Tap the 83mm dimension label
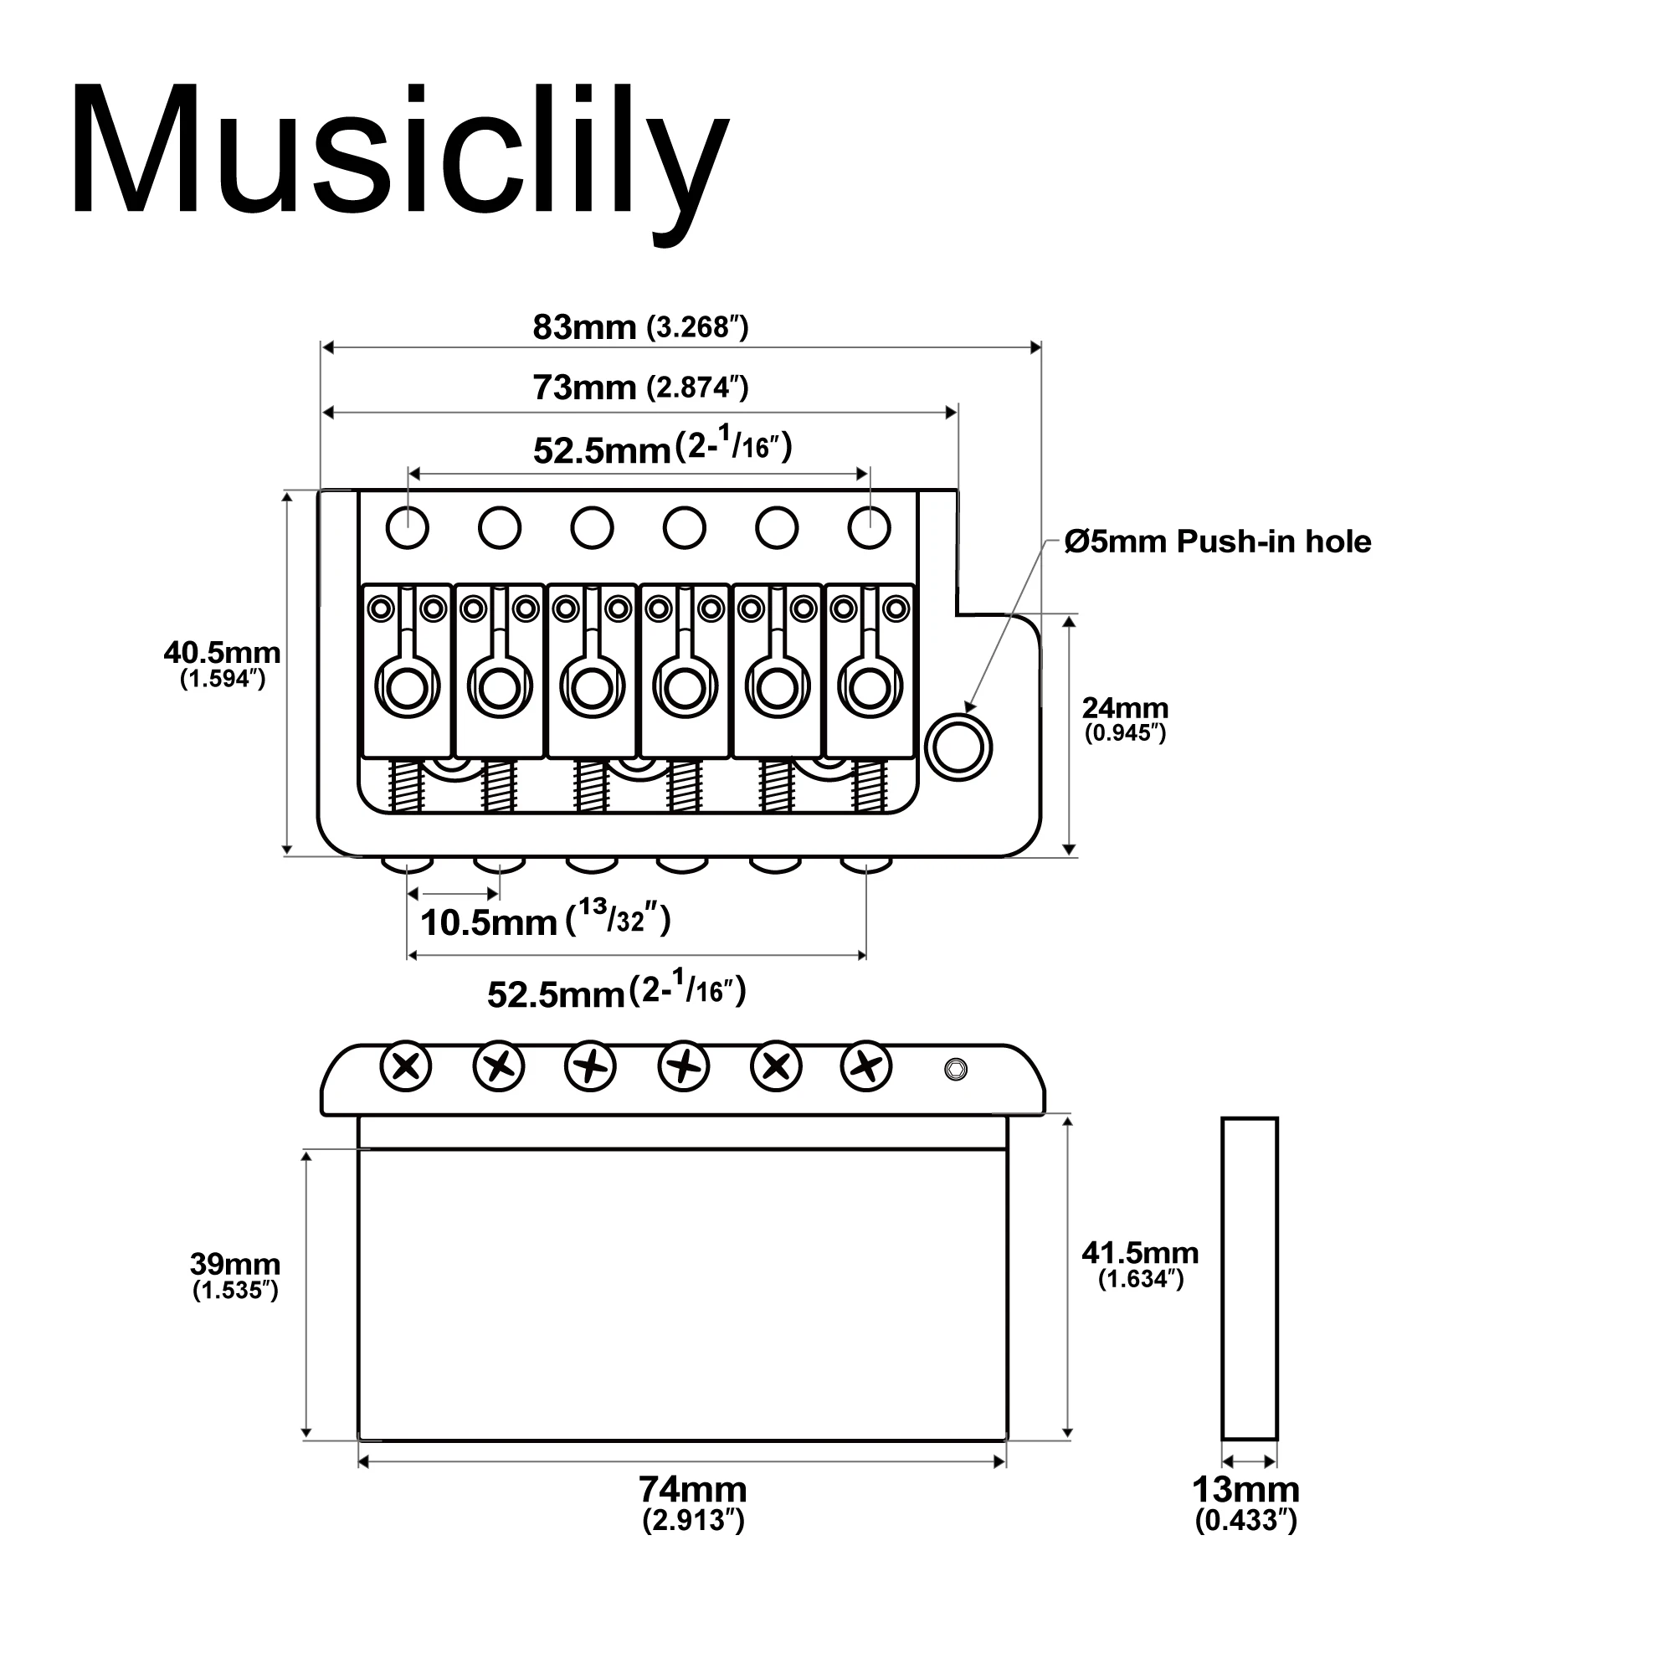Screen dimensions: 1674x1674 coord(639,327)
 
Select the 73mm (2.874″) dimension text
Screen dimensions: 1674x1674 coord(639,388)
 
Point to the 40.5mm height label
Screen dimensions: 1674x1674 coord(222,663)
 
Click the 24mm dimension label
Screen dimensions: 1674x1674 coord(1125,718)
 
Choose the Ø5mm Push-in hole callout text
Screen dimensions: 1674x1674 coord(1217,542)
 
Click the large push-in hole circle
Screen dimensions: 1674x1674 coord(958,747)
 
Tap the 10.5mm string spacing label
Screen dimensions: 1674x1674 coord(544,921)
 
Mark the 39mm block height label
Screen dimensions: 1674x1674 coord(235,1276)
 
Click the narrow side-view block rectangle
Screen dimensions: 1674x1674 coord(1249,1278)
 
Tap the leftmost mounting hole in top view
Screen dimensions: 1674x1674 coord(408,526)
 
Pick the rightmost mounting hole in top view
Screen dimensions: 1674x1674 coord(869,526)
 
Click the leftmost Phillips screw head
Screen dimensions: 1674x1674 coord(405,1066)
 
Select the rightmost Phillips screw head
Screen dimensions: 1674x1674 coord(866,1066)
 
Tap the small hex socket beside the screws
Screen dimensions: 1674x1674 coord(955,1069)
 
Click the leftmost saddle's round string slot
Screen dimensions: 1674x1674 coord(407,690)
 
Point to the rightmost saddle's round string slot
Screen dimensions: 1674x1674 coord(869,690)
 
